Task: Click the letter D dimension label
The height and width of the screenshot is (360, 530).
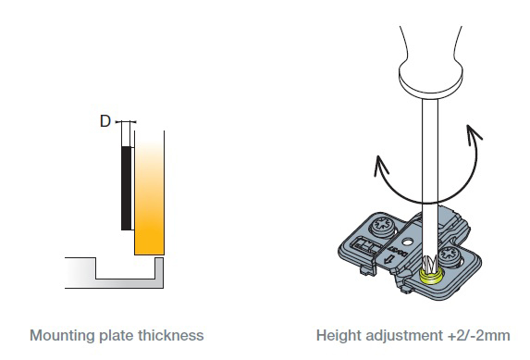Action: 105,121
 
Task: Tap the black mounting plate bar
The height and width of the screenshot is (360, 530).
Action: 126,189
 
